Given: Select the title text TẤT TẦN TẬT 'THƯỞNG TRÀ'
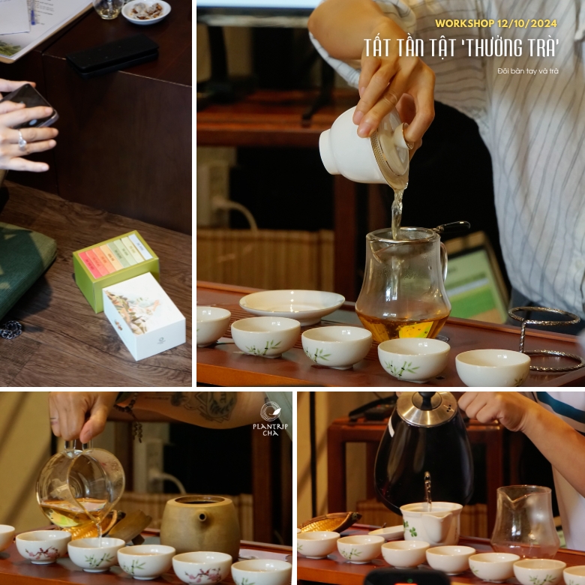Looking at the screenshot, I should click(x=461, y=47).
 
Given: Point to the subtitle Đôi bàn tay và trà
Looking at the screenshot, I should click(x=527, y=71).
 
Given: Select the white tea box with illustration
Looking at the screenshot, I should click(x=143, y=316).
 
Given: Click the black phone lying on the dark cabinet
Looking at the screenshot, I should click(x=113, y=54).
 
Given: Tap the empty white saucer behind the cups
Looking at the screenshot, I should click(x=292, y=304).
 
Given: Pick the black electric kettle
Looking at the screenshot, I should click(x=424, y=457).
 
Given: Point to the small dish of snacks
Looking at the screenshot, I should click(x=145, y=10).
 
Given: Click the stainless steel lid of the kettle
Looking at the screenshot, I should click(x=427, y=408).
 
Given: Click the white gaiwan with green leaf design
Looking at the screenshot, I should click(x=430, y=522).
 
